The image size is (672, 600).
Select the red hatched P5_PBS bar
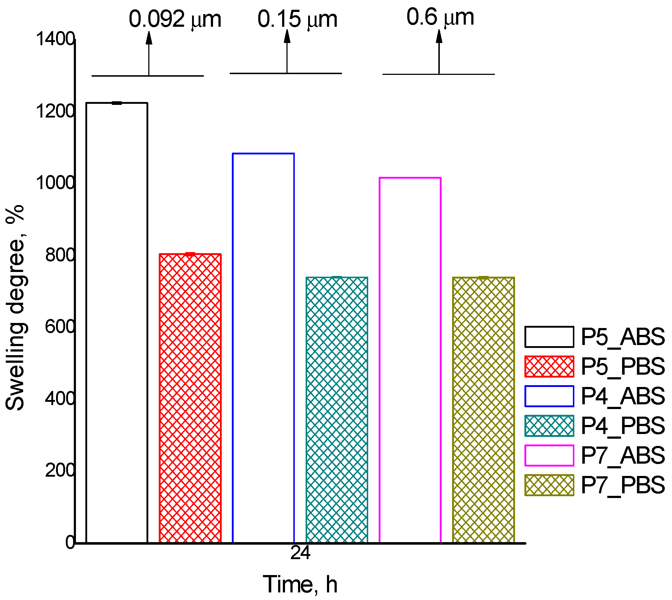pyautogui.click(x=190, y=398)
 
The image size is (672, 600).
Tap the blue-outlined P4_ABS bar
pyautogui.click(x=263, y=347)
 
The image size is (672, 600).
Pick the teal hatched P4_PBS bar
pyautogui.click(x=337, y=409)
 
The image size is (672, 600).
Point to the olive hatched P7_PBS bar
pyautogui.click(x=484, y=409)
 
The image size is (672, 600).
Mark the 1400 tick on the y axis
pyautogui.click(x=55, y=39)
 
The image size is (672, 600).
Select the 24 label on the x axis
pyautogui.click(x=300, y=553)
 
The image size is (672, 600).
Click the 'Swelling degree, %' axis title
pyautogui.click(x=15, y=307)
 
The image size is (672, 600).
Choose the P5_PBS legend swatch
pyautogui.click(x=549, y=366)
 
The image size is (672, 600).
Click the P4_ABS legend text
pyautogui.click(x=622, y=396)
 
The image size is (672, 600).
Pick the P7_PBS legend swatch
pyautogui.click(x=549, y=485)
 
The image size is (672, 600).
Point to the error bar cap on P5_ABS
pyautogui.click(x=117, y=103)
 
